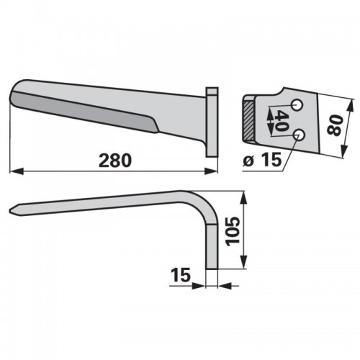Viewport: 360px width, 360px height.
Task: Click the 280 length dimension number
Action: coord(115,161)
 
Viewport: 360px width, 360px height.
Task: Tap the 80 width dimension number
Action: coord(334,125)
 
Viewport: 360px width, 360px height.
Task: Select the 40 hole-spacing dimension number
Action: coord(280,121)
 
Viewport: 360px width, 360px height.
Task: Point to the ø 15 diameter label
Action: coord(262,160)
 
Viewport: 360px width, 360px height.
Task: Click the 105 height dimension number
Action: coord(233,231)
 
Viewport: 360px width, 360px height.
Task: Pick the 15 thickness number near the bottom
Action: coord(181,275)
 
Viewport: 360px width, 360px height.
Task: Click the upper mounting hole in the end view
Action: coord(297,105)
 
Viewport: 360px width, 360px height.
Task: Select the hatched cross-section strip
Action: coord(248,121)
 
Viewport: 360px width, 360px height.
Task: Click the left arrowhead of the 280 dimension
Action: coord(16,171)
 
